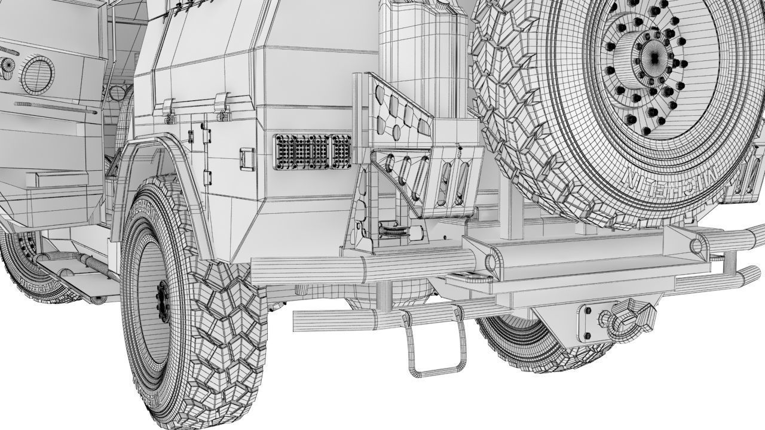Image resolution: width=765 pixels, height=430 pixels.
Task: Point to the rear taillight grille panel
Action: click(312, 152)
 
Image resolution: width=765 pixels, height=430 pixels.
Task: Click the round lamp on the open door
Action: click(37, 75)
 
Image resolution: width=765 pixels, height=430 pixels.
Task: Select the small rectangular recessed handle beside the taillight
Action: click(247, 159)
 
